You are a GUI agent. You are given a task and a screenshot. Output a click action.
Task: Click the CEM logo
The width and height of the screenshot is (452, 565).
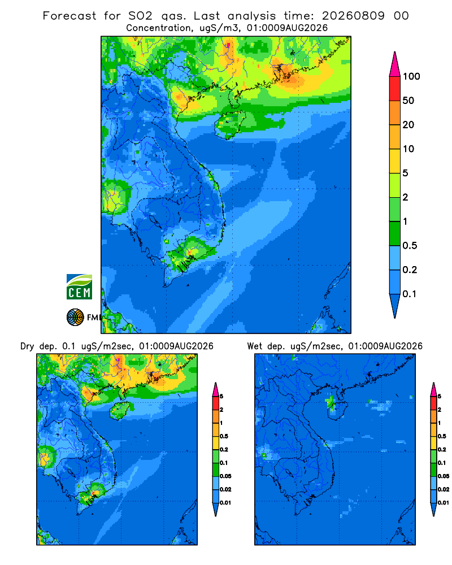79,286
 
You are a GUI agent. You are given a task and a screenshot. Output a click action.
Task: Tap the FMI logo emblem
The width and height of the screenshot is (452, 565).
75,317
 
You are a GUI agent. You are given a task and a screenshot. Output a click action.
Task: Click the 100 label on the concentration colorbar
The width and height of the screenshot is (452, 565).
412,76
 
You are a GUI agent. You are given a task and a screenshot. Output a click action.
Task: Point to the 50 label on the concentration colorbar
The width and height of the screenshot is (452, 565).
408,101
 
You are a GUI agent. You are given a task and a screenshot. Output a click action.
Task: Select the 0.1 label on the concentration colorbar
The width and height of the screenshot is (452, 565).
410,294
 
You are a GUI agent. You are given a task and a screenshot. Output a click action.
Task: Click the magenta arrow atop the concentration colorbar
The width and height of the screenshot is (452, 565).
395,64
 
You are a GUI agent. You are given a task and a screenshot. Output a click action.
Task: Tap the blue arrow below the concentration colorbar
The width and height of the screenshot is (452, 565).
395,306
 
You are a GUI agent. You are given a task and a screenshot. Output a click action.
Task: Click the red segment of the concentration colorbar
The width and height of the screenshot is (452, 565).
395,89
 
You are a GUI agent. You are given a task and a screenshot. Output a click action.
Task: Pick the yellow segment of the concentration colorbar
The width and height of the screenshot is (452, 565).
395,161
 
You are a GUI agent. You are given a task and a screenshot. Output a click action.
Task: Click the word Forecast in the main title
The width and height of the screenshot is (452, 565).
69,16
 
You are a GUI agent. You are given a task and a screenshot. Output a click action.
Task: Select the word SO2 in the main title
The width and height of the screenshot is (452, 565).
141,16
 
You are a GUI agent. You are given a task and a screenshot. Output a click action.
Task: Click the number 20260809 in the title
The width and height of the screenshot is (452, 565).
353,16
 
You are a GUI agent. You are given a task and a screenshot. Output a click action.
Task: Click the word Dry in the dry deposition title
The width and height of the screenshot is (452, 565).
27,347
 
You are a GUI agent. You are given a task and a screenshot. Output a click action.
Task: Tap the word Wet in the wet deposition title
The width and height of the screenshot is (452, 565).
255,346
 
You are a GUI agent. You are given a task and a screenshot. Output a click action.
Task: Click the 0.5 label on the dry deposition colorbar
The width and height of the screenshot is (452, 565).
224,436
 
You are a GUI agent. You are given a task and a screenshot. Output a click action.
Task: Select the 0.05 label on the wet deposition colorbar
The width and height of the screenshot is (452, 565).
444,476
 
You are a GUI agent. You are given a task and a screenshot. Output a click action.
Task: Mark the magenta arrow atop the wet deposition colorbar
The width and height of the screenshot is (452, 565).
433,389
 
